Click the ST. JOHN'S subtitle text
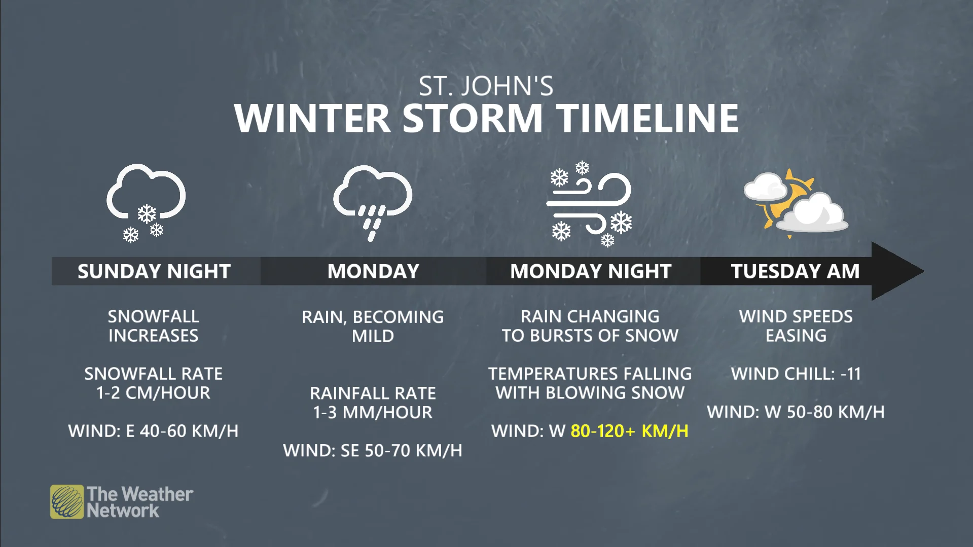(x=486, y=86)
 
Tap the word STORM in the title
(x=473, y=119)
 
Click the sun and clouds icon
(x=795, y=202)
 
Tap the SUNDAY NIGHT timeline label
(x=154, y=271)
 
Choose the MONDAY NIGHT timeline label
(x=591, y=271)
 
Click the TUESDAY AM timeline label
(x=795, y=271)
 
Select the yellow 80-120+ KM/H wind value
(x=629, y=431)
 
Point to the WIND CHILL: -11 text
(x=796, y=374)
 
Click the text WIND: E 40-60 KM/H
(x=153, y=431)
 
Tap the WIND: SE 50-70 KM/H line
(x=373, y=450)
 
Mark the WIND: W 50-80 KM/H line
(x=796, y=412)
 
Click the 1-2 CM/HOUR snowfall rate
(x=153, y=393)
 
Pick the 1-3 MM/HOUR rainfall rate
(x=373, y=412)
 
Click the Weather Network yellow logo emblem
(x=67, y=502)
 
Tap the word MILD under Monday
(x=373, y=336)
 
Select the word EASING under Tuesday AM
(x=796, y=336)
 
